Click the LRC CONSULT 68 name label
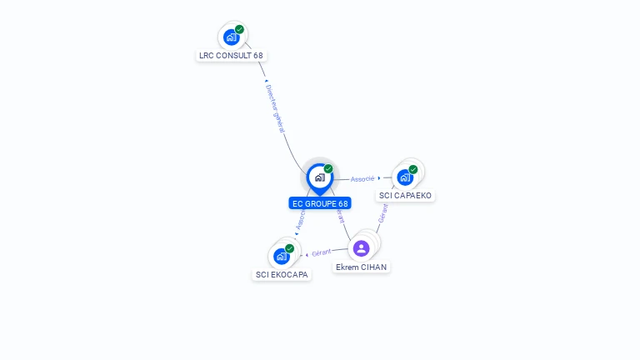pos(232,55)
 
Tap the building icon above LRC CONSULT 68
pos(232,37)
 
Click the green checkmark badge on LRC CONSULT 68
pos(240,30)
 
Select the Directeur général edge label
pos(275,108)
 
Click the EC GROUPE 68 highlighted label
pos(320,203)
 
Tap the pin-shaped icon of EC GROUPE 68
pos(319,177)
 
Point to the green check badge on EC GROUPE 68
pos(328,169)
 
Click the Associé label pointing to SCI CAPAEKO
pos(362,178)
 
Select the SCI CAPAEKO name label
pos(405,195)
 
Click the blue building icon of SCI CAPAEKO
pos(404,177)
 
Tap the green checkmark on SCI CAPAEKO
pos(413,169)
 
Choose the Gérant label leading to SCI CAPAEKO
pos(382,213)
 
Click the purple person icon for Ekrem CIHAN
pos(361,248)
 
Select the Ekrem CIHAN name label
pos(361,267)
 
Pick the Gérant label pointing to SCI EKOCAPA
pos(321,252)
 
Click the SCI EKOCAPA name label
pos(282,274)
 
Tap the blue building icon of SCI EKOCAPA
pos(281,256)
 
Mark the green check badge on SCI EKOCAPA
pos(290,248)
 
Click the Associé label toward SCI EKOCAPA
pos(301,218)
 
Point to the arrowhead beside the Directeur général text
pos(265,82)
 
